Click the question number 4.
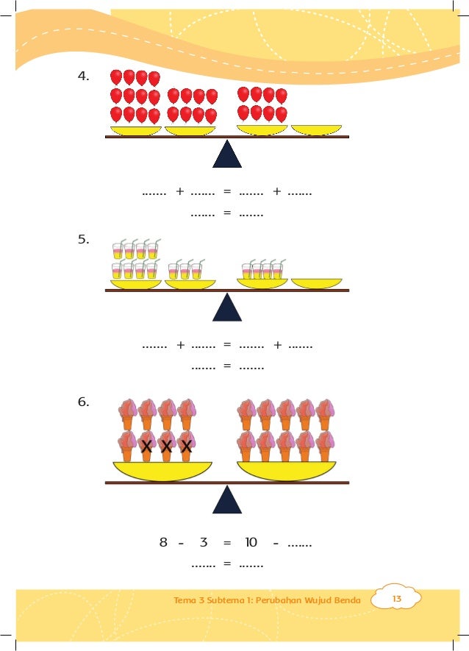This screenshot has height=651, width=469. (85, 76)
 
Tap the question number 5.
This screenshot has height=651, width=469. (85, 240)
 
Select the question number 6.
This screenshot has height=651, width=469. (85, 402)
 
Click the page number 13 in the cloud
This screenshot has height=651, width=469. (396, 600)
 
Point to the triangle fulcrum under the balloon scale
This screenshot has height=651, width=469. (227, 154)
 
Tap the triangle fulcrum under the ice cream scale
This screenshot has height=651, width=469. (227, 499)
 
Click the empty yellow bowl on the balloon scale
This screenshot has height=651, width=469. (316, 130)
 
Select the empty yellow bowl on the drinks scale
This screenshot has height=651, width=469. (316, 283)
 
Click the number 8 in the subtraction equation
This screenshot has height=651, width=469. (163, 543)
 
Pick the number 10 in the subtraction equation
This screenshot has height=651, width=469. (251, 543)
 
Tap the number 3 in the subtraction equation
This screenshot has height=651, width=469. (204, 543)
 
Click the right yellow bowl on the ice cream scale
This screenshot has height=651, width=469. (286, 470)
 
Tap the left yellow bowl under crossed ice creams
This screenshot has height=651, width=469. (162, 470)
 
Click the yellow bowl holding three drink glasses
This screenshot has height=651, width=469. (190, 283)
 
